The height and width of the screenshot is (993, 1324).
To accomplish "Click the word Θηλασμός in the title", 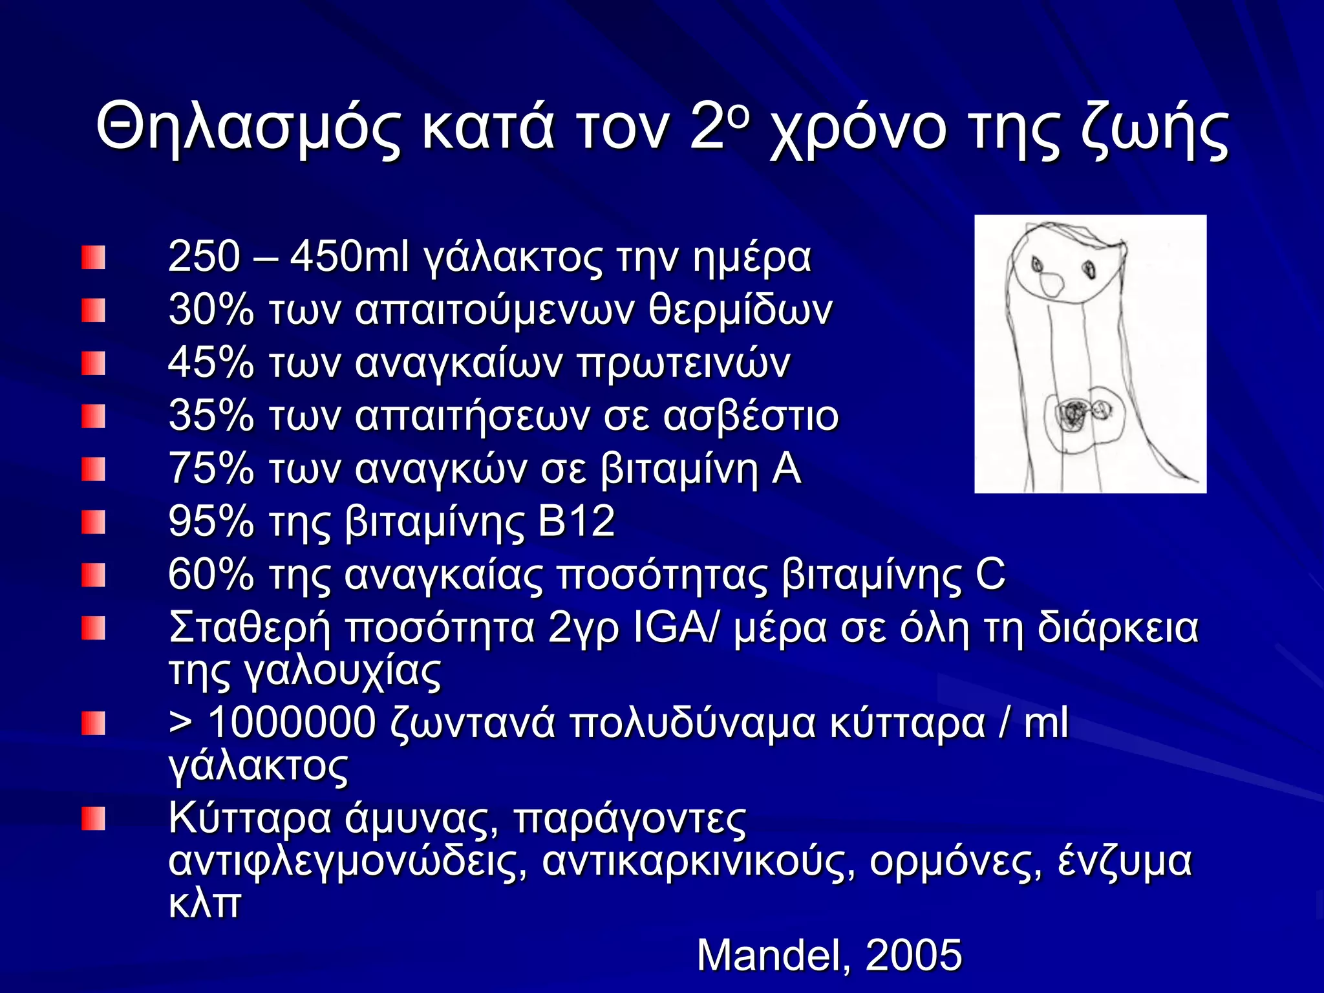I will tap(249, 128).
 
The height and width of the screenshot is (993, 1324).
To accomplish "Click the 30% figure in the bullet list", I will tap(211, 310).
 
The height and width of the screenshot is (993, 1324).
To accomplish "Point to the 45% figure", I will tap(211, 363).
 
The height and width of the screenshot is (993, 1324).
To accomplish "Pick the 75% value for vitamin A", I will tap(211, 468).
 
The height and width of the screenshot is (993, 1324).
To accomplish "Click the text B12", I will tap(575, 521).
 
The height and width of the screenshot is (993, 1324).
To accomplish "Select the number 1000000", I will tap(292, 722).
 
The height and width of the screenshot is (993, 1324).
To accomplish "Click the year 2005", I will tap(913, 955).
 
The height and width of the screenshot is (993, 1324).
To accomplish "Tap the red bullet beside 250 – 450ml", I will tap(93, 257).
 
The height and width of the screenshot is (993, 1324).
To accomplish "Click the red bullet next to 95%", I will tap(93, 522).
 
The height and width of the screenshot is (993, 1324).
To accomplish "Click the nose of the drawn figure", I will tap(1051, 283).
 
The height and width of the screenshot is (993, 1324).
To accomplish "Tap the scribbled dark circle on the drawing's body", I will tap(1073, 412).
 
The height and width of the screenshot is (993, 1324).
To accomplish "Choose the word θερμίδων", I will tap(740, 310).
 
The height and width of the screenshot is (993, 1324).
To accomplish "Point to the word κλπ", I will tap(204, 902).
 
